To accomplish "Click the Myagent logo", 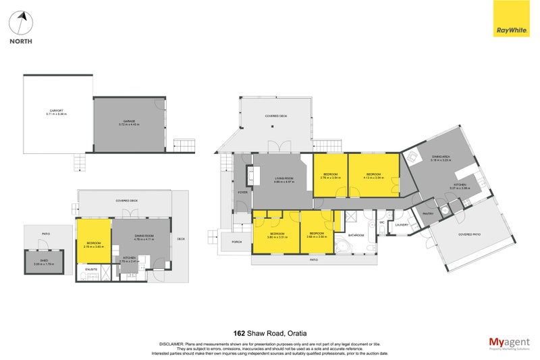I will [x=508, y=344].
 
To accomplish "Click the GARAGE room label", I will [x=128, y=122].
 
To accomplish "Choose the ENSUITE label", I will [x=91, y=269].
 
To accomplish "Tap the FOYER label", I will [x=242, y=192].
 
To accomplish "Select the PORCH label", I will [x=237, y=241].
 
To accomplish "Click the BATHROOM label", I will [x=355, y=236].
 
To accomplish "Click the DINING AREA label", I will [x=441, y=155].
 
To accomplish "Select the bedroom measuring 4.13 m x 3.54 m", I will [x=373, y=175].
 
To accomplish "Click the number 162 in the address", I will [x=238, y=333].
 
